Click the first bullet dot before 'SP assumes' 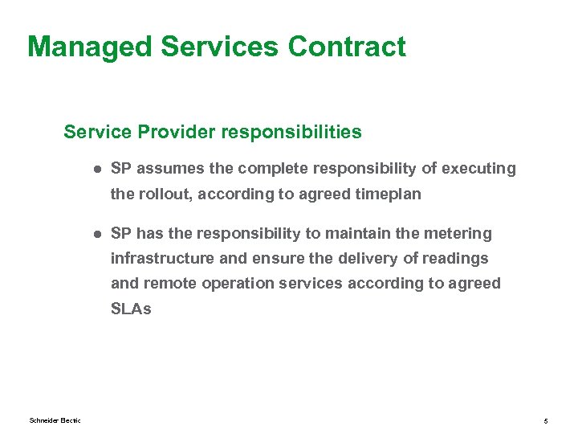[x=95, y=169]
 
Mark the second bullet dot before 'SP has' [x=95, y=234]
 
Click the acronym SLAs [x=131, y=308]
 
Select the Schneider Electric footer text [x=55, y=420]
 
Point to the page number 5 [x=545, y=420]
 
